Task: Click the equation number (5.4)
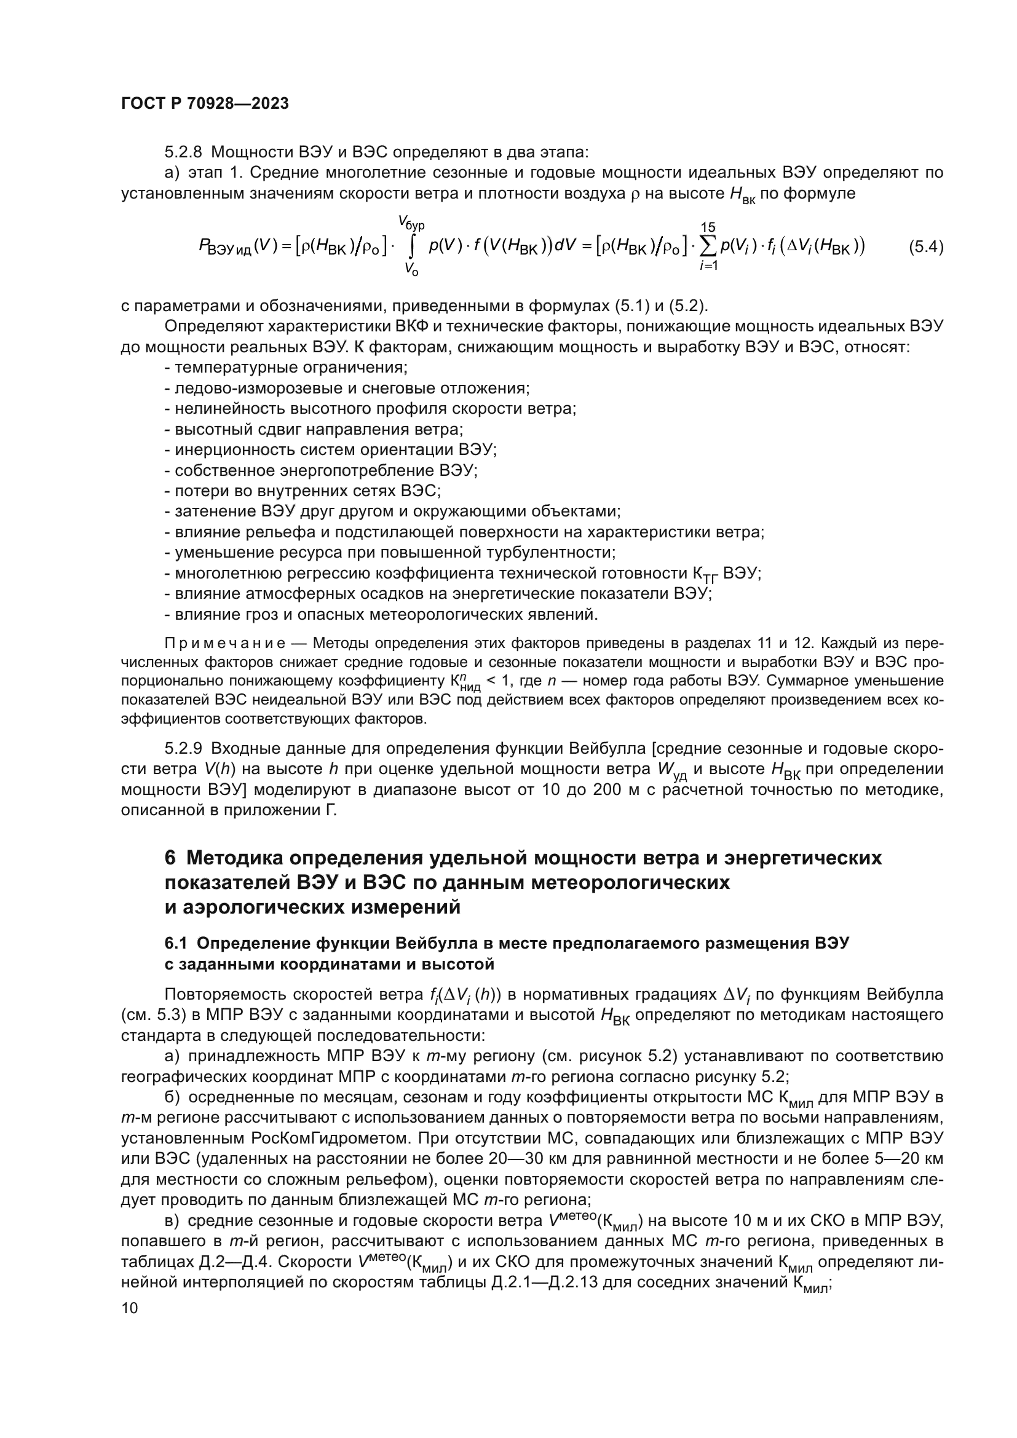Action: [x=925, y=247]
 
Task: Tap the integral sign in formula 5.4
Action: [x=411, y=247]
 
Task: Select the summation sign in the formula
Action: [x=708, y=247]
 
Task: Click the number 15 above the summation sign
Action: [x=708, y=227]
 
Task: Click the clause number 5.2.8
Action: [x=183, y=152]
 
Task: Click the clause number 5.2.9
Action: [x=183, y=748]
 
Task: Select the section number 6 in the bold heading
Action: [x=170, y=858]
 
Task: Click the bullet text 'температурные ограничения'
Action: [x=291, y=368]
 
